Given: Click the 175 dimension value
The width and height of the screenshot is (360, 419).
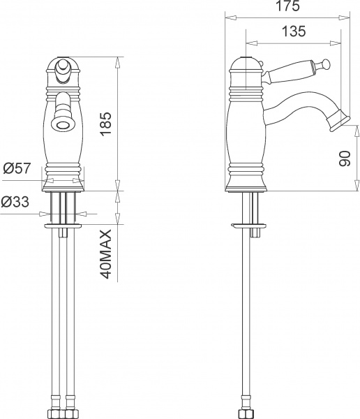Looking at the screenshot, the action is [287, 6].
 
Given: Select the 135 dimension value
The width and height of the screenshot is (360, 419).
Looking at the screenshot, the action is [294, 31].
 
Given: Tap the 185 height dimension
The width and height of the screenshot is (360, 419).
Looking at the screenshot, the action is [105, 124].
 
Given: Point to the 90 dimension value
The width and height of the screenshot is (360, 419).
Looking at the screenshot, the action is [345, 159].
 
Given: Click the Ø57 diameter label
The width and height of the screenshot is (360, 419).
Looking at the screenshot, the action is [17, 168].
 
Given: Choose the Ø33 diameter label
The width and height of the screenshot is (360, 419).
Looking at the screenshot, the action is [15, 202].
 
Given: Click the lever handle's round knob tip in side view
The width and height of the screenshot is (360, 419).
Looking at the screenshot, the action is [326, 64].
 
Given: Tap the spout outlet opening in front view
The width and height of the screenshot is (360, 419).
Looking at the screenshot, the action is [63, 125].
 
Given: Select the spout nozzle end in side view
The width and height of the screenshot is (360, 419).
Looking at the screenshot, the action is [339, 121].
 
